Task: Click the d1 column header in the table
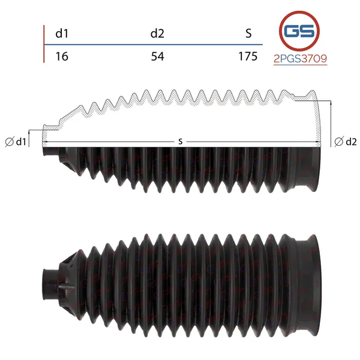tap(62, 34)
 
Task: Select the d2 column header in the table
tap(157, 34)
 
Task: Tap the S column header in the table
tap(248, 34)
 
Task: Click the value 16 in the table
tap(62, 56)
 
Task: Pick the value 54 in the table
tap(157, 56)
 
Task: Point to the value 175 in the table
tap(248, 56)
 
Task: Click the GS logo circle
tap(299, 31)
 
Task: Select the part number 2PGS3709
tap(301, 59)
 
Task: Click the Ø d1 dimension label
tap(16, 142)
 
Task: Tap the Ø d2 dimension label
tap(346, 142)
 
